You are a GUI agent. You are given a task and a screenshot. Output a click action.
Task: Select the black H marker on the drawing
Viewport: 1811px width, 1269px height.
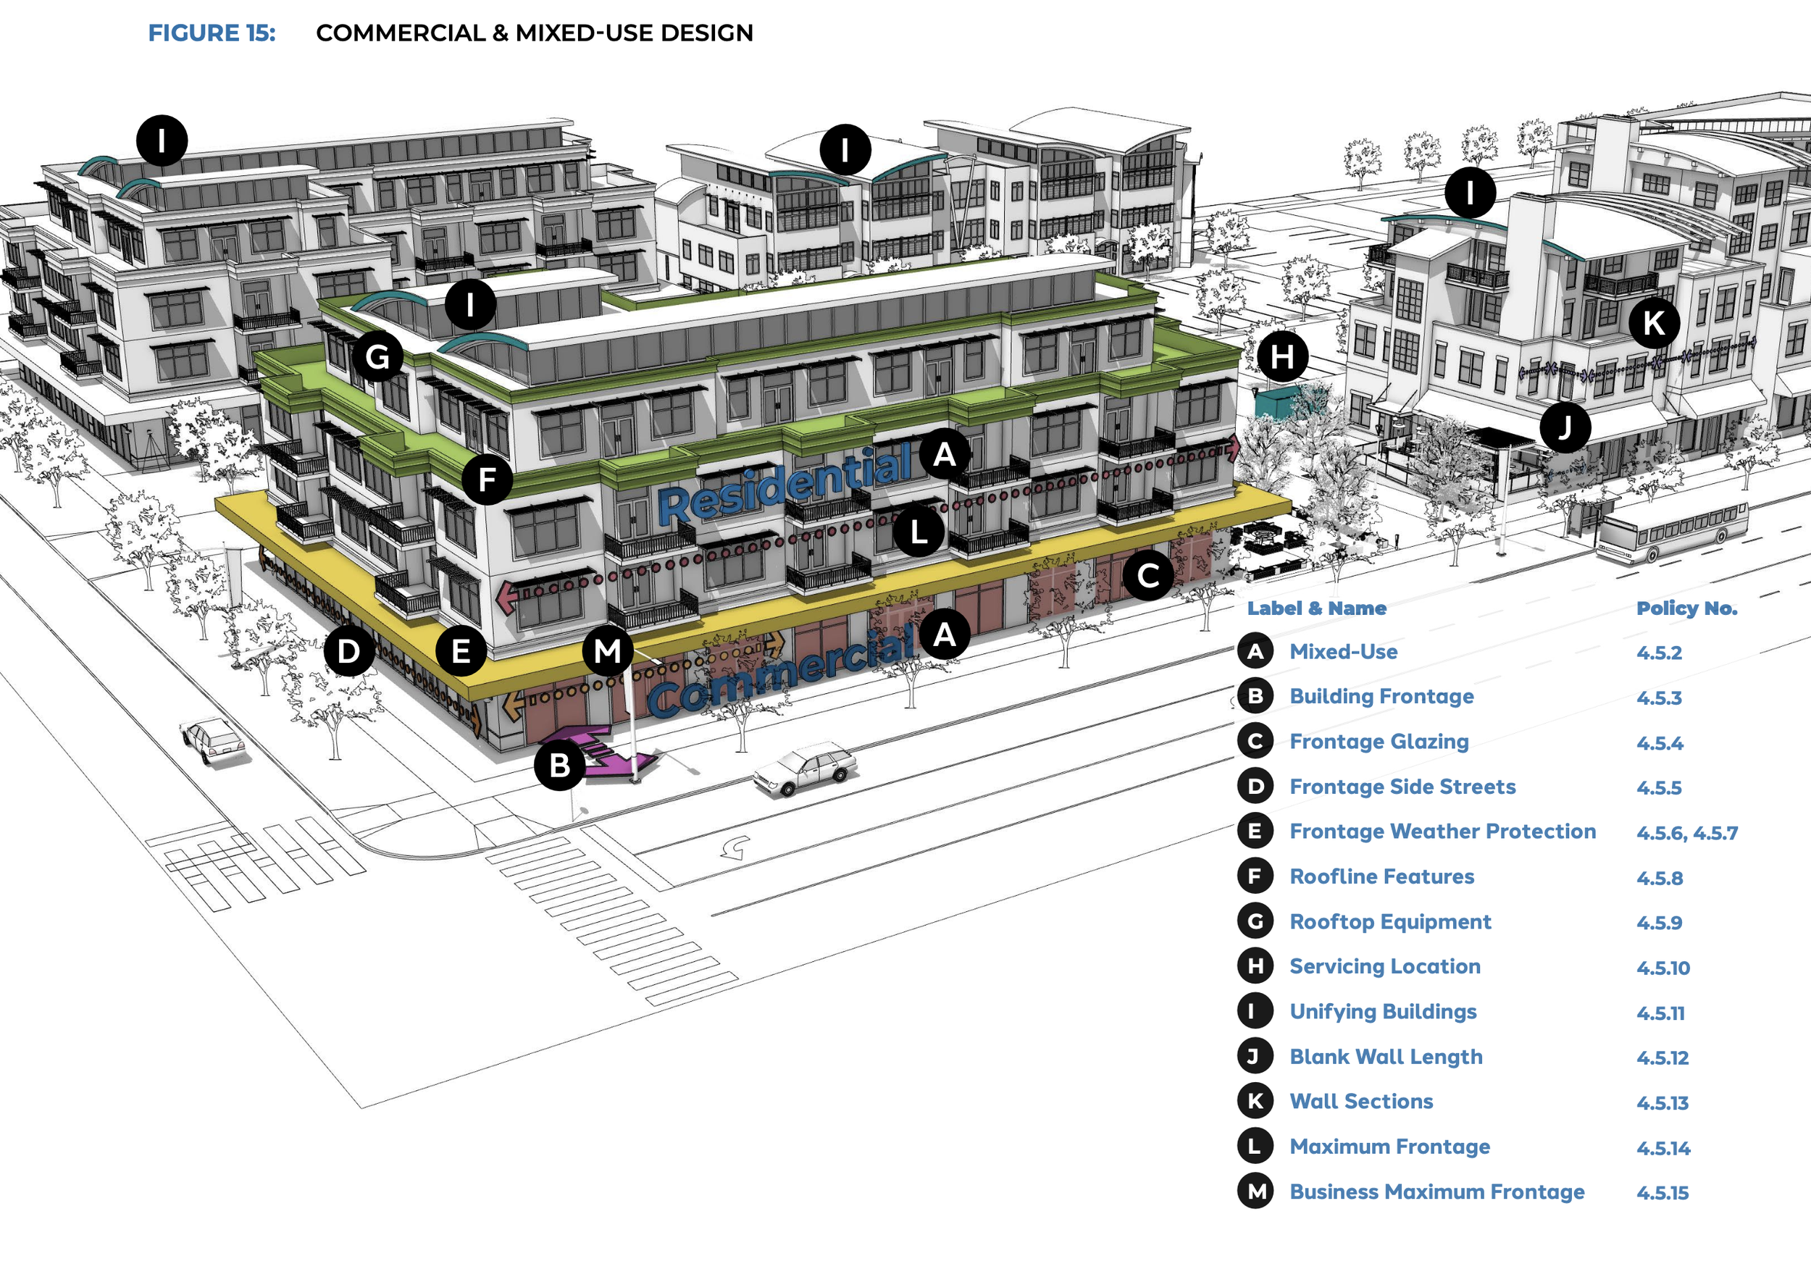click(x=1282, y=357)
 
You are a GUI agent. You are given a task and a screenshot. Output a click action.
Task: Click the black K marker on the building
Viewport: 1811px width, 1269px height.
click(x=1654, y=322)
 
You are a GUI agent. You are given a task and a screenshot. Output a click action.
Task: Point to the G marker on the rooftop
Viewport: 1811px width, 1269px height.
click(x=378, y=356)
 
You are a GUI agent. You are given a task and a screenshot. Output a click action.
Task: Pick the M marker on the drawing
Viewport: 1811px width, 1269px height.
click(x=607, y=651)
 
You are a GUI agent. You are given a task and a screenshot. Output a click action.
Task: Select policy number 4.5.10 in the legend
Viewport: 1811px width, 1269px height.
click(x=1662, y=968)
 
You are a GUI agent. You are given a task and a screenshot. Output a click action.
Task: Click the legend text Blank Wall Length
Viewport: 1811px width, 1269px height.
click(x=1386, y=1057)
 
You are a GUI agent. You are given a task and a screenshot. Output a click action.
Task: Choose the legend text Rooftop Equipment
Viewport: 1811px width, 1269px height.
click(x=1390, y=922)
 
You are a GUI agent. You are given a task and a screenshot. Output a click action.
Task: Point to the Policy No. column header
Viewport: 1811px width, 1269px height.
click(x=1686, y=608)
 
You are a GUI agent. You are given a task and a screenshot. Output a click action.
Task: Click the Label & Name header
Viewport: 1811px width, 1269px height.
click(x=1316, y=608)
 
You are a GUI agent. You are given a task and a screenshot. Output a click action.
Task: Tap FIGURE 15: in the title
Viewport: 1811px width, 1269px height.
click(x=212, y=33)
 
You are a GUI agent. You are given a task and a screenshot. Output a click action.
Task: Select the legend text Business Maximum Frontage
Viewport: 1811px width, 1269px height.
click(x=1436, y=1191)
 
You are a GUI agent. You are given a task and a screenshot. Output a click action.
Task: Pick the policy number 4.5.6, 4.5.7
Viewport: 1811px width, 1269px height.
click(x=1686, y=833)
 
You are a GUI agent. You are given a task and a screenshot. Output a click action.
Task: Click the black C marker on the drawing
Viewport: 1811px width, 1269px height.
click(x=1148, y=576)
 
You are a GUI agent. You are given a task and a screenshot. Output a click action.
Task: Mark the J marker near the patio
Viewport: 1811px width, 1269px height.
click(x=1565, y=427)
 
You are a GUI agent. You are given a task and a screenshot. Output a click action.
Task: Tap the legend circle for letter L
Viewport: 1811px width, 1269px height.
click(x=1255, y=1147)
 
